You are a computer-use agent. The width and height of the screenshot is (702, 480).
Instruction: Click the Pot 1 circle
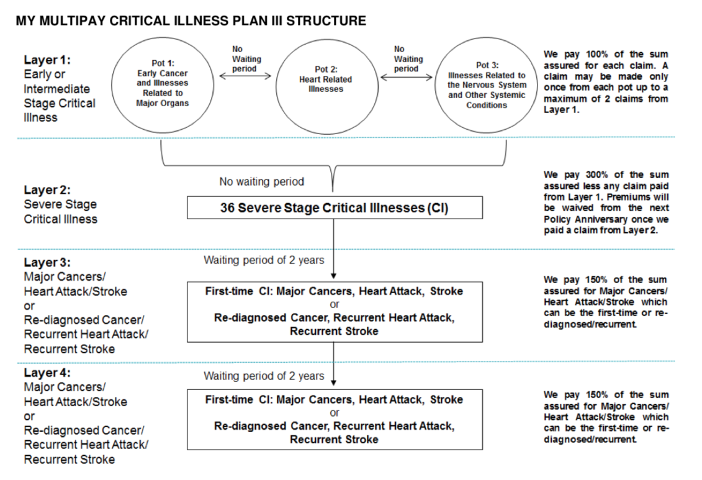(x=112, y=85)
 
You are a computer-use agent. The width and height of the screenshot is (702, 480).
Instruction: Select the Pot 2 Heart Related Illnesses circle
(x=276, y=85)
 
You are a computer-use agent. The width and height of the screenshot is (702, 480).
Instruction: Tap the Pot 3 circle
(x=436, y=85)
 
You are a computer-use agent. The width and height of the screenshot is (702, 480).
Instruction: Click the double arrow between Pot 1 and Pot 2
(x=245, y=76)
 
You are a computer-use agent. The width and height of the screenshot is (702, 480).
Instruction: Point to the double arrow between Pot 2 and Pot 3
(x=407, y=77)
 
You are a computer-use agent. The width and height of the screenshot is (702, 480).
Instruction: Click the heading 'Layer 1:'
(x=47, y=60)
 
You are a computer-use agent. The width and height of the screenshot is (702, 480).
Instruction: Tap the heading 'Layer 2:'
(x=47, y=190)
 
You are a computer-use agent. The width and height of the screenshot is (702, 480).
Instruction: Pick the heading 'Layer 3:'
(x=47, y=263)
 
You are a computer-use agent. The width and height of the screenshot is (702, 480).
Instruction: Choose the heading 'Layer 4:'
(x=47, y=373)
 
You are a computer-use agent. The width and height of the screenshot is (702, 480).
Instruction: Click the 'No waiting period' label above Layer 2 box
(x=261, y=182)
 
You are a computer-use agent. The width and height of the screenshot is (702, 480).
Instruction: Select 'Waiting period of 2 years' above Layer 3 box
(x=264, y=260)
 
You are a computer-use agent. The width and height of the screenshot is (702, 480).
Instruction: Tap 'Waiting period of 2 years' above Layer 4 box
(x=264, y=376)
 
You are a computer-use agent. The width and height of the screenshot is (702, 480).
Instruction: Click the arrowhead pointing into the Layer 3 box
(x=333, y=276)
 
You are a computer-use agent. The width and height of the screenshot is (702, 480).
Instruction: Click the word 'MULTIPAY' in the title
(x=71, y=21)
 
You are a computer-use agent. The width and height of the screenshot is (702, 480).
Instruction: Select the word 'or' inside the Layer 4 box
(x=335, y=413)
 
